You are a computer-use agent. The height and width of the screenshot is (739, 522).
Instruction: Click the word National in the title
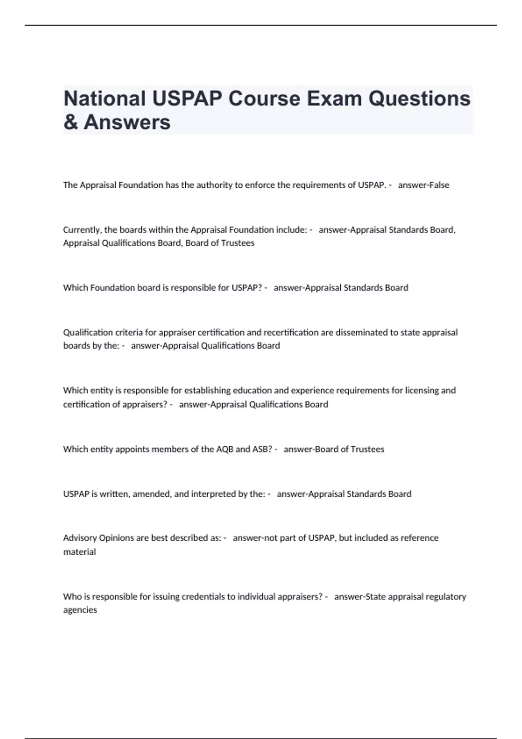tap(104, 99)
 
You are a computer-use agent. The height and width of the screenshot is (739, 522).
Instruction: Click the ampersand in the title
tap(70, 122)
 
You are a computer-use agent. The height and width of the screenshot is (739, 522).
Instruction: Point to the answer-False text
tap(423, 185)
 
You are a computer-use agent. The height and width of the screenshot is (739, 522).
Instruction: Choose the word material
tap(79, 552)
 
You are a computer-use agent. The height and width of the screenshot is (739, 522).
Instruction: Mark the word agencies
tap(80, 610)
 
